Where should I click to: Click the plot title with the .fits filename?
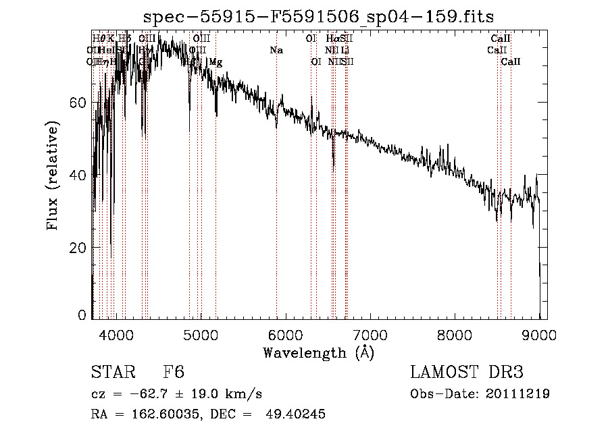tap(320, 17)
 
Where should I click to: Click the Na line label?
tap(276, 50)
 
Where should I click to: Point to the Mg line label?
tap(216, 62)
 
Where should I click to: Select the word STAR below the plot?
tap(111, 373)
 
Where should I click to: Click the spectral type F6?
tap(173, 373)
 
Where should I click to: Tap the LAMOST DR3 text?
tap(467, 373)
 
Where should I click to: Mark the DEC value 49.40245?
tap(298, 414)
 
